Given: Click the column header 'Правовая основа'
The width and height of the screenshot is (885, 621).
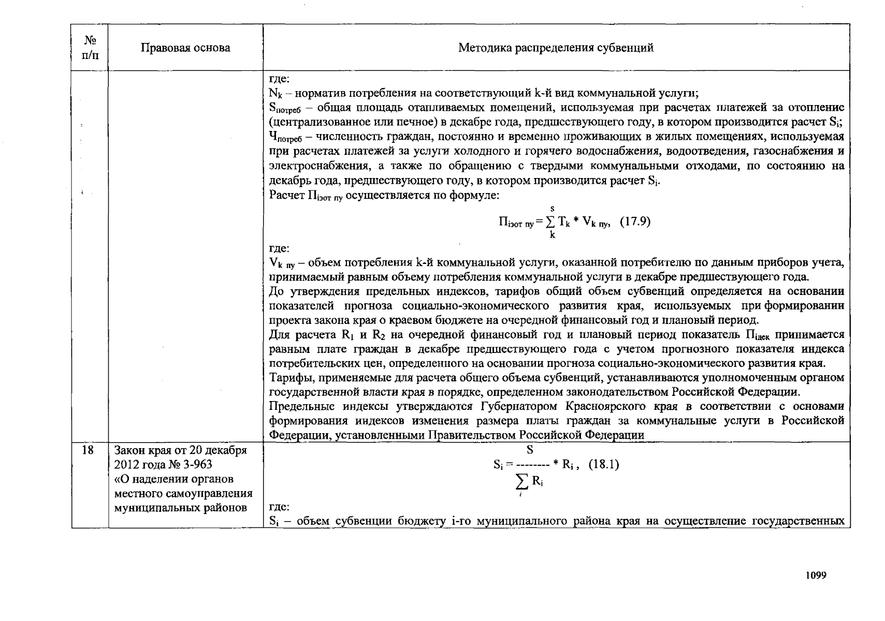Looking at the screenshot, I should point(185,48).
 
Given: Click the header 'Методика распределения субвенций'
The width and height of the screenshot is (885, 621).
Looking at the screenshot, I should point(556,48).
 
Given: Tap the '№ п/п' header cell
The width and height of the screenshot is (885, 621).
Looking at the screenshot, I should point(90,47).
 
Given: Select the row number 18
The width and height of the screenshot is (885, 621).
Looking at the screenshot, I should point(88,450).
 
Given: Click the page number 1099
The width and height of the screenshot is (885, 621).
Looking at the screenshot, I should point(816,575).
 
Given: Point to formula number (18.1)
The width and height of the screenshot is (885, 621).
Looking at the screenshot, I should point(604,464).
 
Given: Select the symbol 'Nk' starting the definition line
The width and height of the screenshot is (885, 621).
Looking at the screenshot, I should point(275,94).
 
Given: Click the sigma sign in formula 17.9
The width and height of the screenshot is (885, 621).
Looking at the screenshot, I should point(550,222).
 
